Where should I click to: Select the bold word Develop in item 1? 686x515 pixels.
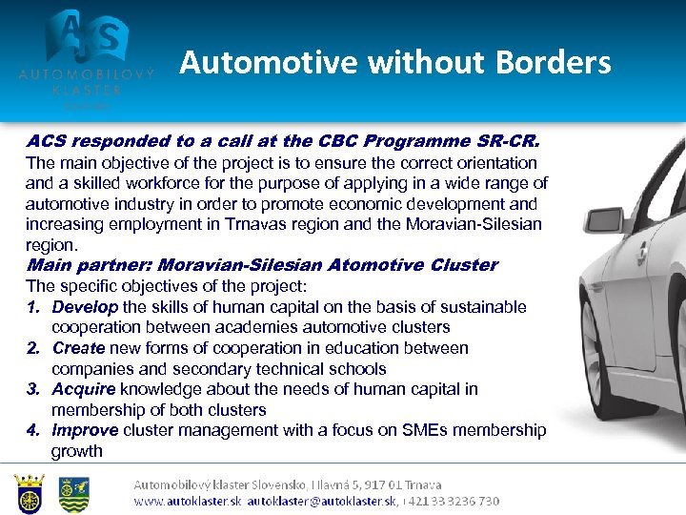pos(85,307)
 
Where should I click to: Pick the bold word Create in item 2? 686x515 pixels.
pos(79,348)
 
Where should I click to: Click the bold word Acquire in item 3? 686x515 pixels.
pos(84,389)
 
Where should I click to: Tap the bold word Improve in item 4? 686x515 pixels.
pos(85,430)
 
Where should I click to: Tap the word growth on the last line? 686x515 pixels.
pos(76,451)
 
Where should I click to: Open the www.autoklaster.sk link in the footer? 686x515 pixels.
pos(187,501)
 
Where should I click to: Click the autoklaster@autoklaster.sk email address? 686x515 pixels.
pos(322,501)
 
